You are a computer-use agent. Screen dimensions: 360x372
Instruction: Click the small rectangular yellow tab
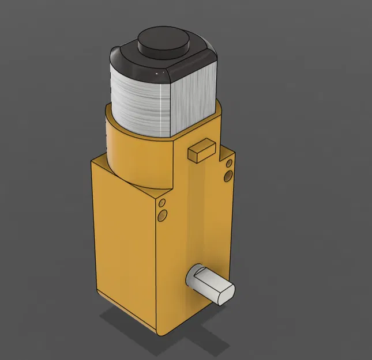tap(201, 149)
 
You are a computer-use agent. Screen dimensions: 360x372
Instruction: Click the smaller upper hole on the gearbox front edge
tap(162, 203)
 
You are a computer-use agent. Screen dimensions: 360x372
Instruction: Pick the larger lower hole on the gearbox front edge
tap(163, 215)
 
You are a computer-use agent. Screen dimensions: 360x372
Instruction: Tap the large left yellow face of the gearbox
tap(124, 242)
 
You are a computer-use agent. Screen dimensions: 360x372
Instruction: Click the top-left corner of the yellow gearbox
tap(93, 161)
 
